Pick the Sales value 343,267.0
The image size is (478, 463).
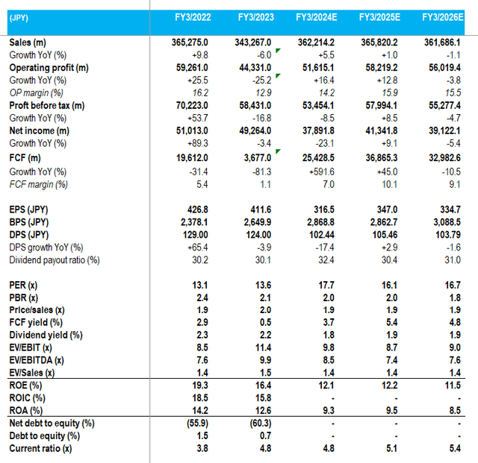(x=252, y=43)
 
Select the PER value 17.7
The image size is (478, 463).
(x=325, y=285)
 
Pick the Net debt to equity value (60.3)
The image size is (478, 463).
(x=259, y=423)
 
